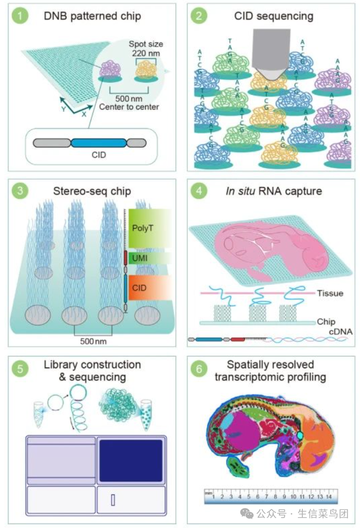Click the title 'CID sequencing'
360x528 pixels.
[x=273, y=17]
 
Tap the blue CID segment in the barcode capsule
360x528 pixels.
[x=98, y=143]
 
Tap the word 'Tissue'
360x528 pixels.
[x=330, y=294]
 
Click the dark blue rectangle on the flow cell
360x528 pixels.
[x=130, y=461]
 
